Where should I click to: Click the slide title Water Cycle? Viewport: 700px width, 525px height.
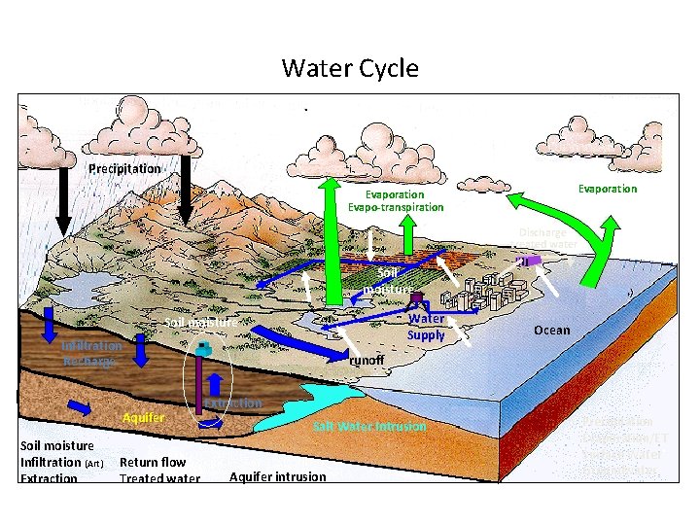[x=350, y=69]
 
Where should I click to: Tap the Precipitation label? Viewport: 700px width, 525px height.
[x=124, y=169]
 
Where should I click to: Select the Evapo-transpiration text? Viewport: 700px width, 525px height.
[x=397, y=207]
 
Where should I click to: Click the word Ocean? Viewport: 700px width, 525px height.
[x=552, y=331]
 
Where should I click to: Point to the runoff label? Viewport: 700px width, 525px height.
[x=367, y=360]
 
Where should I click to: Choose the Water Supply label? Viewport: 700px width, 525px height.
[x=426, y=327]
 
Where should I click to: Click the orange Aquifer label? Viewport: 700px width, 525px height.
[x=143, y=417]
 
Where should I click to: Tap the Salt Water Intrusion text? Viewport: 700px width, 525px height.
[x=369, y=427]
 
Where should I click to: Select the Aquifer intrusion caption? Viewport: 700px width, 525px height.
[x=278, y=475]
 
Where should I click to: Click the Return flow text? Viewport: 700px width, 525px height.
[x=153, y=463]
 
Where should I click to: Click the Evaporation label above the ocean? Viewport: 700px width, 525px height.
[x=608, y=189]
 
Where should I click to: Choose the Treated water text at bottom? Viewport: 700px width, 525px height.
[x=159, y=478]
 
